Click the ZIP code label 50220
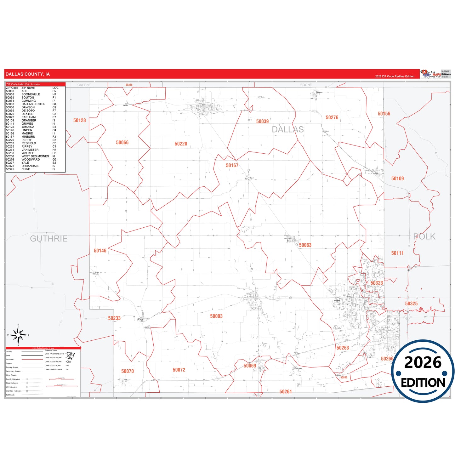181,144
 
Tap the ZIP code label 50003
216,316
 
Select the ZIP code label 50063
305,245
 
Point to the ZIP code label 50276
332,117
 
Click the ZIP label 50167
232,165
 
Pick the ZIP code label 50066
122,143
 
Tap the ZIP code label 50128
79,120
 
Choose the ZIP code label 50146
100,251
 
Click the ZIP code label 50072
179,370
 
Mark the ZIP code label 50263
343,348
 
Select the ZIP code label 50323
377,283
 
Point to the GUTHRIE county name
49,239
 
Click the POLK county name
424,237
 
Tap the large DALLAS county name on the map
288,129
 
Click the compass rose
18,335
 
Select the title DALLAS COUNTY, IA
28,74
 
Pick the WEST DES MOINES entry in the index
35,156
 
